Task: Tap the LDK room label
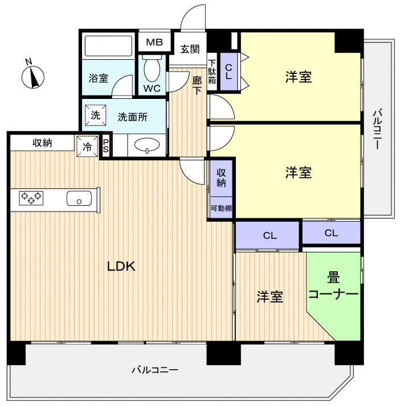click(x=121, y=266)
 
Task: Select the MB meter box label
click(x=154, y=43)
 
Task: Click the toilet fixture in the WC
click(x=152, y=69)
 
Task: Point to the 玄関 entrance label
click(x=190, y=49)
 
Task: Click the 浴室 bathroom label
click(x=98, y=78)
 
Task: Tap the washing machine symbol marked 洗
click(x=95, y=115)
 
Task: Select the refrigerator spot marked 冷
click(x=87, y=146)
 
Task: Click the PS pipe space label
click(x=106, y=146)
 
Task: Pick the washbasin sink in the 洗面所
click(x=147, y=146)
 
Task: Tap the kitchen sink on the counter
click(x=79, y=198)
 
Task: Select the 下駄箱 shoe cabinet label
click(x=212, y=72)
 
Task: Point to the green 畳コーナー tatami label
click(x=334, y=287)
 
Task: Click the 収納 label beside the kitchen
click(x=42, y=143)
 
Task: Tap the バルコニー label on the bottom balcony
click(x=155, y=370)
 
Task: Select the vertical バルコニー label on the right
click(x=377, y=129)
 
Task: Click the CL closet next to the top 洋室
click(x=229, y=72)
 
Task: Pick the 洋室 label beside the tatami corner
click(x=269, y=296)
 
